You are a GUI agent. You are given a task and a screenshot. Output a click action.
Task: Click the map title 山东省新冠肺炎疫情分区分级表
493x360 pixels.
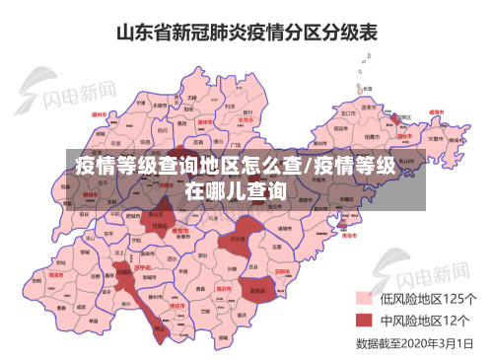[x=246, y=32]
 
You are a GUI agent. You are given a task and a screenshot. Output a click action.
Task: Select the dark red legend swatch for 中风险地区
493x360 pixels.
[x=363, y=322]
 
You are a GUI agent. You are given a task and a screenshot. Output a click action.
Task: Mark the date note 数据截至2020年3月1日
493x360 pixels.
[x=415, y=344]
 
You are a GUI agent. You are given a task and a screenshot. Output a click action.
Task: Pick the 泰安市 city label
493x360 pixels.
[x=180, y=230]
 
